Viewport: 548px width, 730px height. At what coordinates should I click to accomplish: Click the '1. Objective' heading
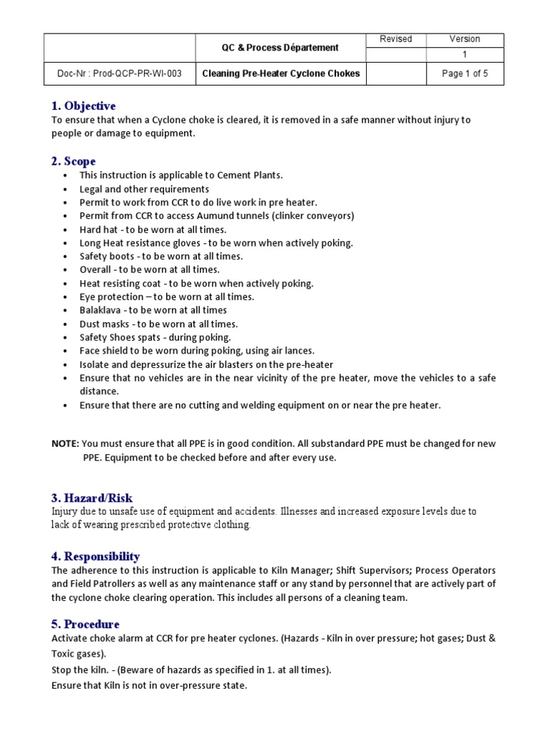[x=83, y=106]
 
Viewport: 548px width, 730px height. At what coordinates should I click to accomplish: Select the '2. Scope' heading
[x=73, y=161]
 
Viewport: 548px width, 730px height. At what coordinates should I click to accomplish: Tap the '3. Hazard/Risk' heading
[x=92, y=498]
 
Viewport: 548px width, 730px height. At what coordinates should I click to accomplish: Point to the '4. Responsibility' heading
[x=96, y=556]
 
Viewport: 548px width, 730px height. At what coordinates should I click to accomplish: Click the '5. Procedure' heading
[x=86, y=624]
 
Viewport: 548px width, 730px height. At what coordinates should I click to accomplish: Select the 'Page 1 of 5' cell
[x=465, y=73]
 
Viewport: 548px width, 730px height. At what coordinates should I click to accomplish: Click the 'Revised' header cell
[x=395, y=39]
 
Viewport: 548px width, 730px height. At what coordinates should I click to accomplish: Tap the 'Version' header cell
[x=465, y=39]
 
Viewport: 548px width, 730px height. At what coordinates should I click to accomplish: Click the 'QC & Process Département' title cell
[x=278, y=48]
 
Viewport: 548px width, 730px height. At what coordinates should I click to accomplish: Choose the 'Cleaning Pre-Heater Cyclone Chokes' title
[x=281, y=73]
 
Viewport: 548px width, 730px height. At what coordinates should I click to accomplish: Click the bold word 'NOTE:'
[x=66, y=443]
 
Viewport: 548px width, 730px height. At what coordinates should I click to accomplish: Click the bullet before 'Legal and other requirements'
[x=66, y=190]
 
